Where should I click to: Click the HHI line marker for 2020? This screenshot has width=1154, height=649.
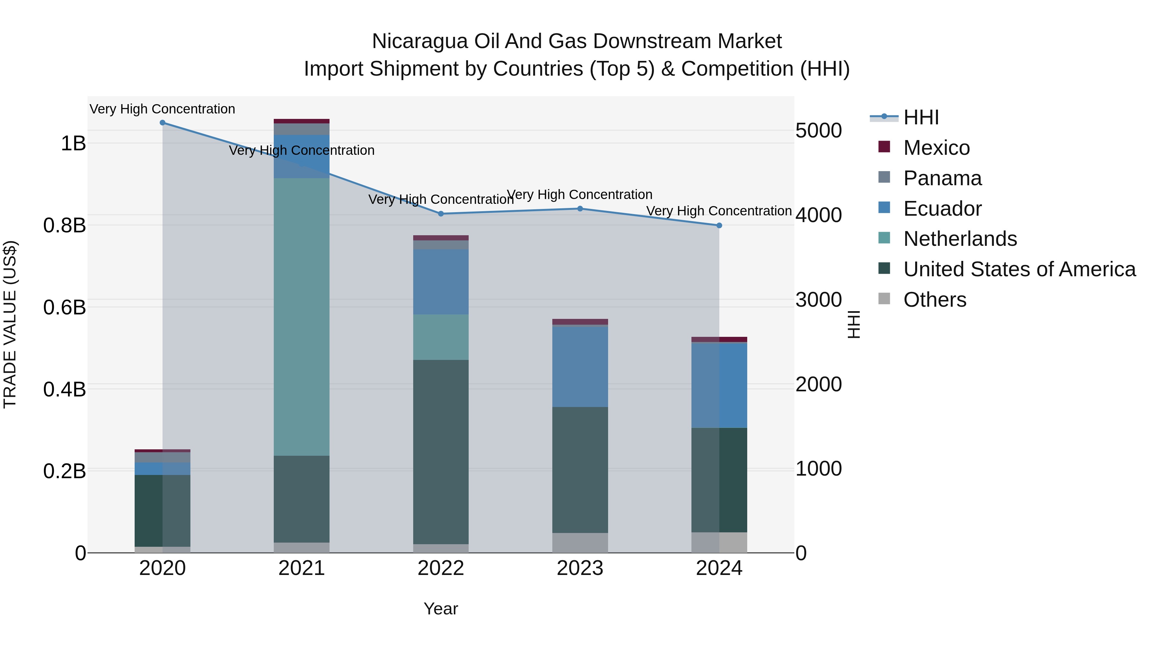[x=163, y=123]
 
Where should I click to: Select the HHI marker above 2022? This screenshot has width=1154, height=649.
[x=441, y=214]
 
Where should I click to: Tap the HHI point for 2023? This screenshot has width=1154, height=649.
[x=580, y=209]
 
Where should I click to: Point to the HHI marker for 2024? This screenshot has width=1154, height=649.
[x=719, y=225]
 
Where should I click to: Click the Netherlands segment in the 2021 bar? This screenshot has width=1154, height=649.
[x=302, y=316]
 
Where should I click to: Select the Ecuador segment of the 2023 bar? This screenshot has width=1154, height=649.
[x=580, y=366]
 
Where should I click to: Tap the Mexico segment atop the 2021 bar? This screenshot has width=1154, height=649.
[x=302, y=121]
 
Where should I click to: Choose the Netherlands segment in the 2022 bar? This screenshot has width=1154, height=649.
[x=441, y=337]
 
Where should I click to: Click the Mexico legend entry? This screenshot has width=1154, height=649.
[x=936, y=148]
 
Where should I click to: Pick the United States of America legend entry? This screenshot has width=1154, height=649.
[x=1019, y=269]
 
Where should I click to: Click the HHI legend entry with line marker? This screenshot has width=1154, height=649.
[x=921, y=117]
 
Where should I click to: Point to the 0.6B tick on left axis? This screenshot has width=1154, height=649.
[x=64, y=308]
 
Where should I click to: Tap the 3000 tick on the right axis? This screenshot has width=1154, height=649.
[x=818, y=300]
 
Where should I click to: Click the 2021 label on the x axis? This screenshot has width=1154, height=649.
[x=302, y=568]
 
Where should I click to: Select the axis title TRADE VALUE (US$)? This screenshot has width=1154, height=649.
[x=10, y=324]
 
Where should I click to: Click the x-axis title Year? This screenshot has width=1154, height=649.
[x=441, y=609]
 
